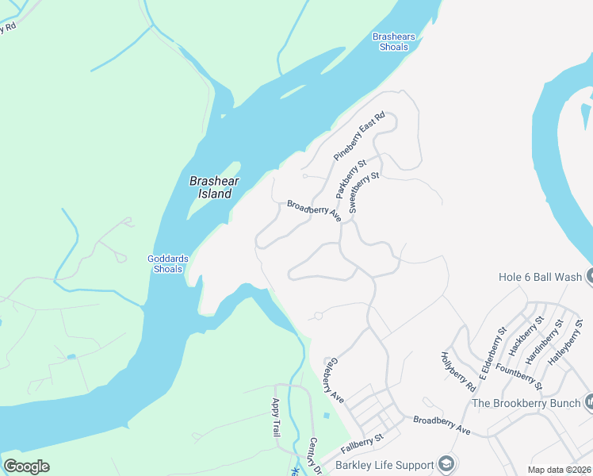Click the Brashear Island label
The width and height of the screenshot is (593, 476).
210,187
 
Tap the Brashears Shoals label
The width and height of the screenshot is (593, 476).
392,41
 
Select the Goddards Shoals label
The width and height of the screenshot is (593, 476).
166,263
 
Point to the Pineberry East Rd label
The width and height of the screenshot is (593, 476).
359,136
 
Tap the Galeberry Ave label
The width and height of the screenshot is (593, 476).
333,378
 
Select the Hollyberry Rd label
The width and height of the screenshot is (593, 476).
457,371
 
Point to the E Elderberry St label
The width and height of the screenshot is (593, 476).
492,349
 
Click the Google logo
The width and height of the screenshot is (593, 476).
26,466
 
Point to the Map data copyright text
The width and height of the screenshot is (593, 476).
559,470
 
